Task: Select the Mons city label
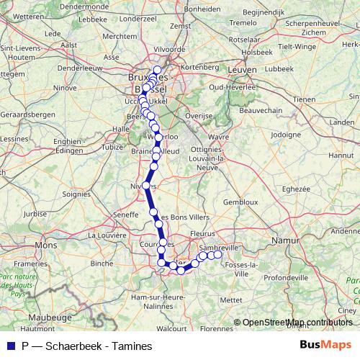point(45,245)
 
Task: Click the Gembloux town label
point(240,202)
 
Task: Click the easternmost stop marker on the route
point(217,254)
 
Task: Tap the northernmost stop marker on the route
point(157,70)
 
